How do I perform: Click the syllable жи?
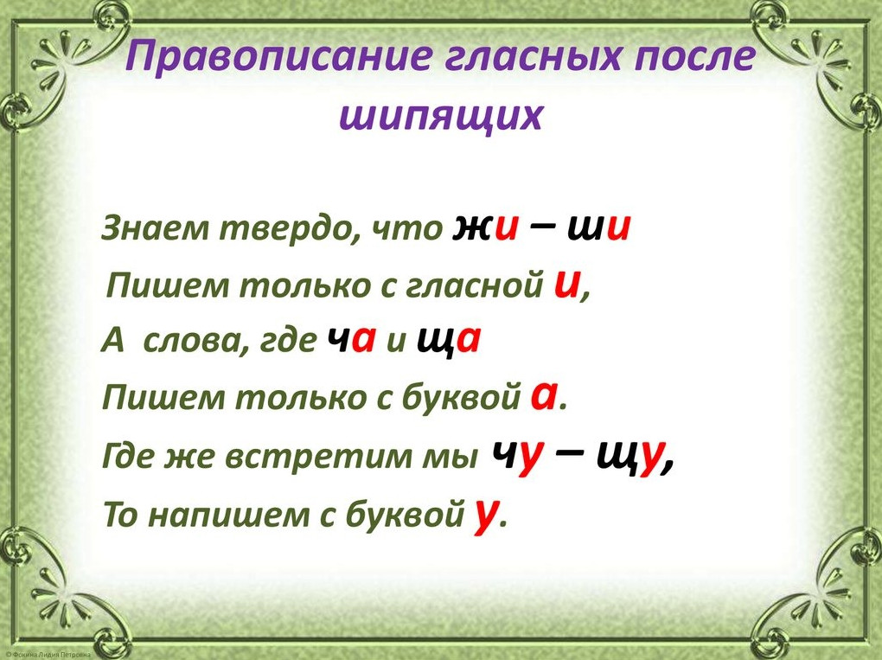(484, 227)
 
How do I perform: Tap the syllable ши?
(598, 227)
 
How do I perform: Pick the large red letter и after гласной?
(566, 284)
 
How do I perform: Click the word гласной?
(476, 286)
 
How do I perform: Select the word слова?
(189, 341)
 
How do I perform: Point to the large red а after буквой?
(544, 397)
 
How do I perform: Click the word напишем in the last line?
(228, 515)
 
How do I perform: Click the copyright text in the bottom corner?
(48, 656)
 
